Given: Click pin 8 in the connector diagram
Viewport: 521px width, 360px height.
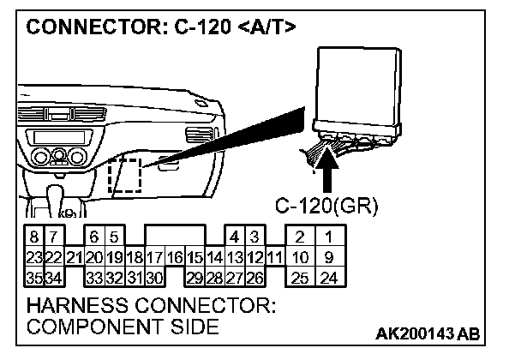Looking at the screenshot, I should click(34, 237).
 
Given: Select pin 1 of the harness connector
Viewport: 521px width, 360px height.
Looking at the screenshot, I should click(328, 237).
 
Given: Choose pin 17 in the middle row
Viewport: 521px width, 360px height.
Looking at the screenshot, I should click(154, 256).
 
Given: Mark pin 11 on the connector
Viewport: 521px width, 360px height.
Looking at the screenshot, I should click(274, 256).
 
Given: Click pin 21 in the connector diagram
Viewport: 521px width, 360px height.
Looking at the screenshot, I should click(74, 256).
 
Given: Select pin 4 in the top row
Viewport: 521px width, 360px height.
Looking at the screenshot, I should click(234, 237).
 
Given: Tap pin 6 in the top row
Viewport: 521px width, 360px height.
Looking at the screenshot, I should click(94, 237).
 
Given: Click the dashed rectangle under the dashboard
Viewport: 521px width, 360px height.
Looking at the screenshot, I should click(125, 177).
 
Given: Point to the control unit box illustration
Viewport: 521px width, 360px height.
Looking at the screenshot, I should click(358, 86).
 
